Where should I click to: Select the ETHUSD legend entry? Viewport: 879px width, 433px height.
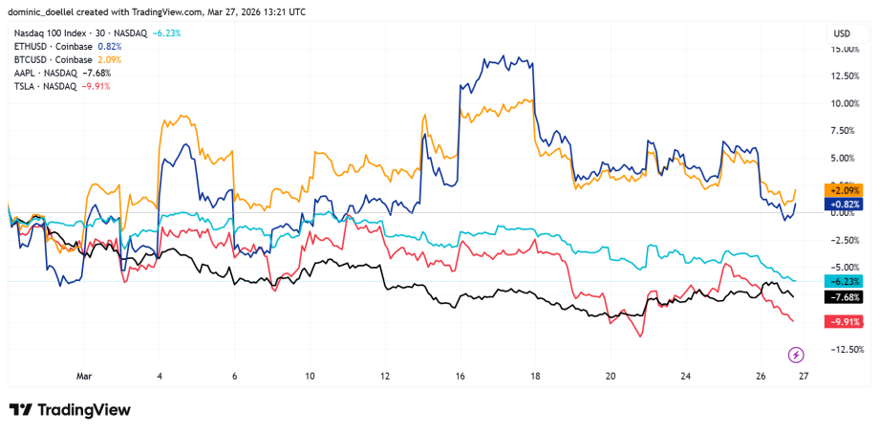(x=57, y=46)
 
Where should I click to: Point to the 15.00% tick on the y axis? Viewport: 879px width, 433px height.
(x=845, y=49)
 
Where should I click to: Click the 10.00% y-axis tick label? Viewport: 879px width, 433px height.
(x=845, y=103)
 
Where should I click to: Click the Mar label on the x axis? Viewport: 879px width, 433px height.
(x=85, y=377)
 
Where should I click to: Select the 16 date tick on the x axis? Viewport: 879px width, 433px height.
(x=461, y=377)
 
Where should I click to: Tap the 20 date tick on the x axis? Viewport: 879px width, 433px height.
(x=611, y=377)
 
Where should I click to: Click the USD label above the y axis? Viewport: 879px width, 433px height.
(x=842, y=32)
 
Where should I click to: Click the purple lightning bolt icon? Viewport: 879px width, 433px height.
(x=795, y=356)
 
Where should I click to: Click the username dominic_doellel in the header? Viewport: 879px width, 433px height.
(x=47, y=11)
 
